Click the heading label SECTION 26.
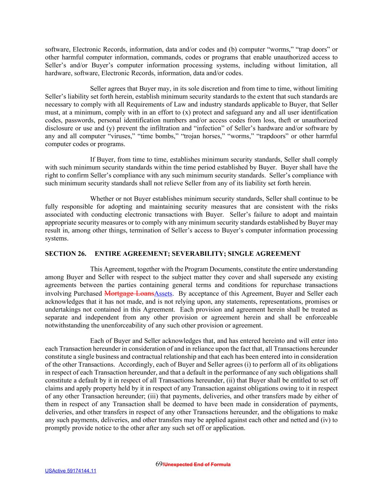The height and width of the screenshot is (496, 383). pos(65,254)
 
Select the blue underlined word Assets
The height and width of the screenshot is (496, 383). pos(163,294)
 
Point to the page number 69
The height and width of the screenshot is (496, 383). pos(159,464)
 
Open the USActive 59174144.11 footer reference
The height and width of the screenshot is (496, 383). pos(70,471)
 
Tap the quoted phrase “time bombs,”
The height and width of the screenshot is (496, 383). pos(159,136)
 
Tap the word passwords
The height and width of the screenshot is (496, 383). pos(79,120)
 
